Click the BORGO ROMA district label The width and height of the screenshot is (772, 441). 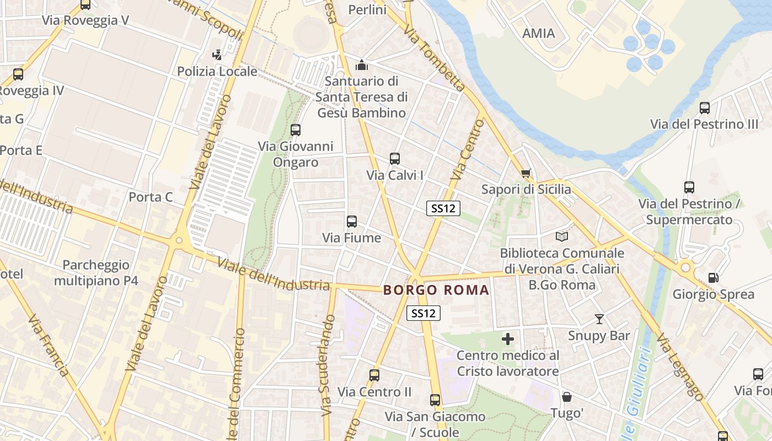click(436, 290)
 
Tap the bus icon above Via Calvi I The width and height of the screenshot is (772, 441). click(395, 159)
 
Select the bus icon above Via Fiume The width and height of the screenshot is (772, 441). click(352, 222)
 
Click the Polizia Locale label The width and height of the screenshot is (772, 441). click(217, 71)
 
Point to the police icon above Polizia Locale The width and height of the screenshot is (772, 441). click(217, 55)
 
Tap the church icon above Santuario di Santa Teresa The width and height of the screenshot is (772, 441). click(362, 65)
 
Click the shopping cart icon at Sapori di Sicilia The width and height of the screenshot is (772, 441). click(526, 174)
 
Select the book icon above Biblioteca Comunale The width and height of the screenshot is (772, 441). click(562, 236)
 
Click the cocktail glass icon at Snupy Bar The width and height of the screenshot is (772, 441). click(599, 319)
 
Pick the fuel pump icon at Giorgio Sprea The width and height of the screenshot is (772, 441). click(713, 278)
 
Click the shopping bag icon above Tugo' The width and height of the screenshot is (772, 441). click(566, 397)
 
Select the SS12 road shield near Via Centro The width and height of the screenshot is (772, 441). click(443, 208)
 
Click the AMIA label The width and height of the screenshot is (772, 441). click(538, 33)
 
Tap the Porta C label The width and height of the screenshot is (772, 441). click(151, 197)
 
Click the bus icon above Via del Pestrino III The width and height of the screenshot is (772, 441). click(704, 108)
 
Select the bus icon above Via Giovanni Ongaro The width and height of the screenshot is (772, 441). click(296, 130)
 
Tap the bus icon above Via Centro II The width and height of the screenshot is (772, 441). click(374, 375)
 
